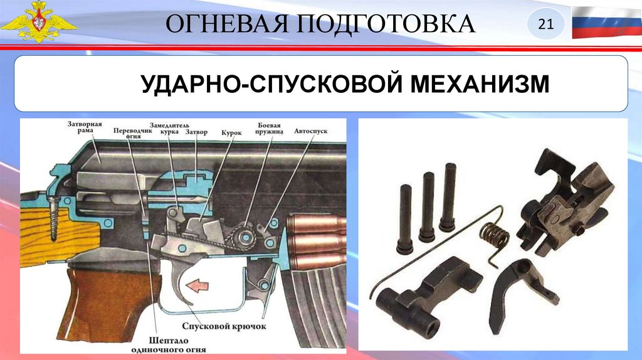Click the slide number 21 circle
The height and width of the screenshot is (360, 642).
tap(546, 24)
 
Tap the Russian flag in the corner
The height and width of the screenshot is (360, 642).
tap(606, 23)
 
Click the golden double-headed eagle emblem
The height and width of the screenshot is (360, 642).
tap(38, 21)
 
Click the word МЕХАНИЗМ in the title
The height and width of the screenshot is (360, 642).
tap(480, 83)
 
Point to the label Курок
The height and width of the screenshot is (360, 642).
tap(231, 133)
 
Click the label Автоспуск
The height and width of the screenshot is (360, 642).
tap(311, 131)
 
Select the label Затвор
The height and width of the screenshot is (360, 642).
tap(196, 132)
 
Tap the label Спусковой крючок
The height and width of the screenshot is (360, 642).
tap(224, 326)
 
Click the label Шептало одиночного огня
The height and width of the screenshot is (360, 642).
tap(169, 345)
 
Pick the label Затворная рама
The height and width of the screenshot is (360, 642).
tap(85, 127)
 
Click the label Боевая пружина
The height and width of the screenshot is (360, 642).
tap(269, 129)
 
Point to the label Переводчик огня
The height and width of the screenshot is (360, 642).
tap(133, 133)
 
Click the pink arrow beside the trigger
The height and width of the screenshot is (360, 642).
tap(197, 285)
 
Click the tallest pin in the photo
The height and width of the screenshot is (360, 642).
tap(448, 197)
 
